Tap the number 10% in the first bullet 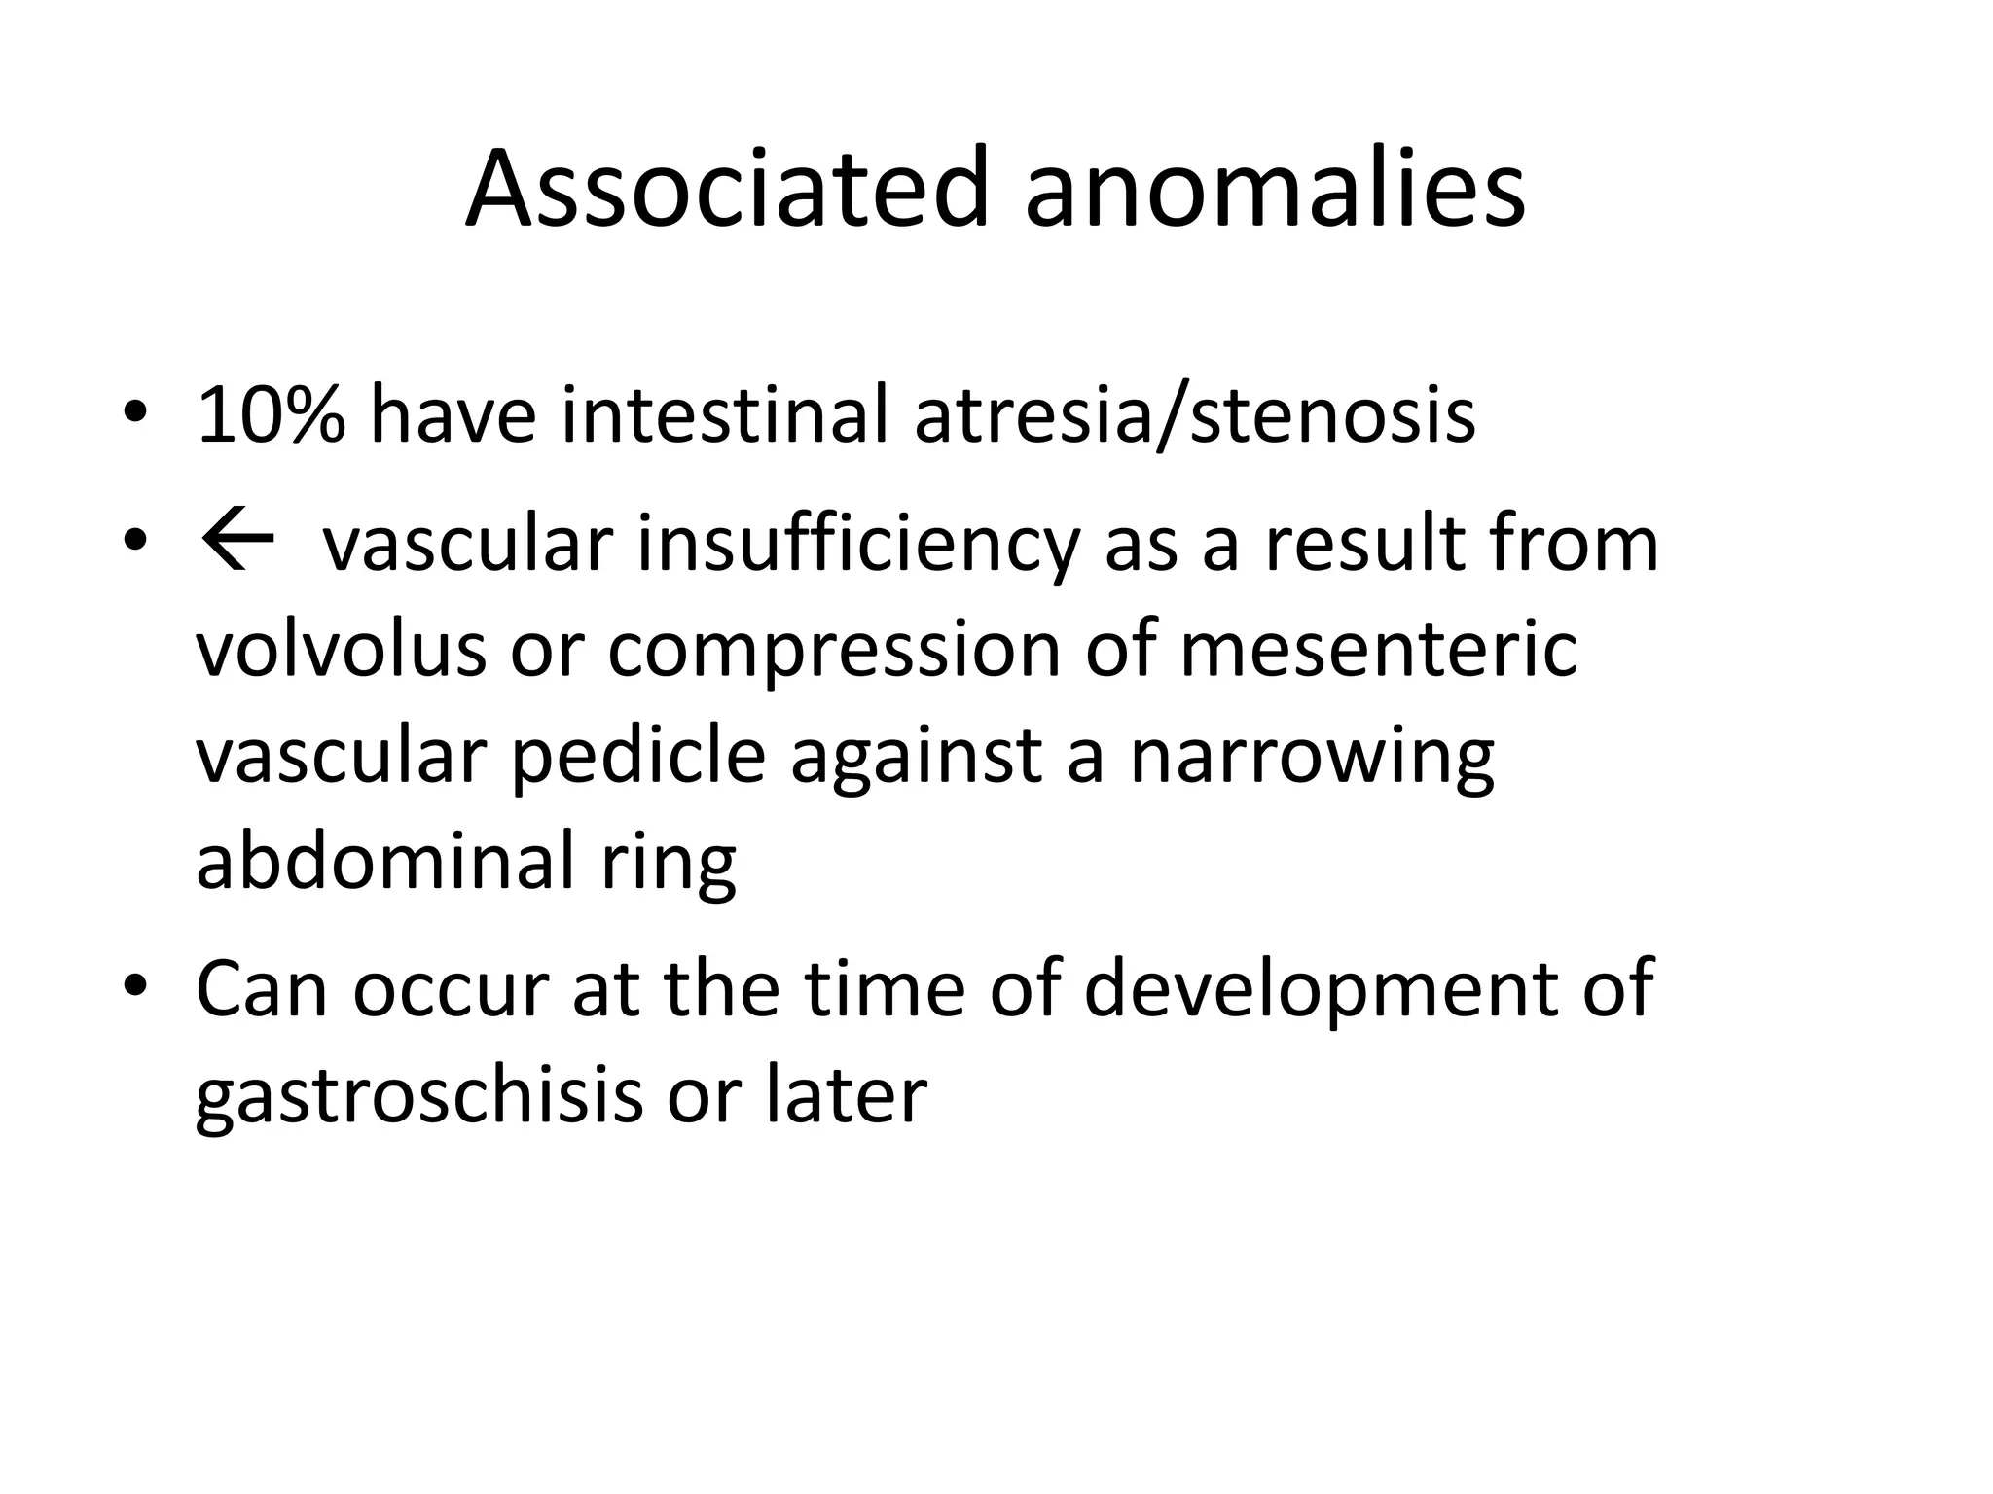coord(271,415)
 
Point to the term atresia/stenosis coord(1195,415)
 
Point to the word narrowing coord(1311,759)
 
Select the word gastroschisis coord(419,1097)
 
